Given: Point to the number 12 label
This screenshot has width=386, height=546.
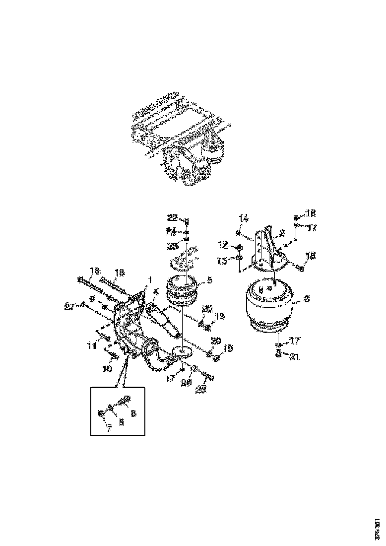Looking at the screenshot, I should pos(224,245).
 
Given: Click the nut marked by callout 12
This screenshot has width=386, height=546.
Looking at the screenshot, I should pos(239,247).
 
